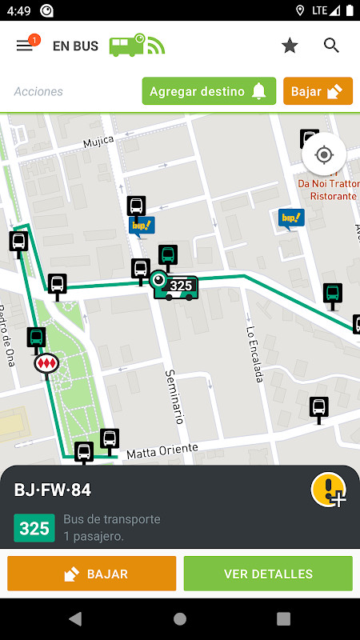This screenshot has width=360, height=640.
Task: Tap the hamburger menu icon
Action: pyautogui.click(x=25, y=46)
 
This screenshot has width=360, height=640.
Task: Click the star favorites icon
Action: pyautogui.click(x=290, y=46)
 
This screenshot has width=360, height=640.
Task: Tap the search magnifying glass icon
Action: pyautogui.click(x=332, y=46)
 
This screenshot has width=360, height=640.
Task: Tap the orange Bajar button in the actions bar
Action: pyautogui.click(x=318, y=91)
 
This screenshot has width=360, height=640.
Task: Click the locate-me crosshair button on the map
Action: pyautogui.click(x=324, y=154)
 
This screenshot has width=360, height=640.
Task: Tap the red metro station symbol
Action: pyautogui.click(x=47, y=363)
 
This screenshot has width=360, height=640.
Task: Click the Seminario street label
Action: pyautogui.click(x=175, y=395)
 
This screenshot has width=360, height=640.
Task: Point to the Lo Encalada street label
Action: pyautogui.click(x=254, y=354)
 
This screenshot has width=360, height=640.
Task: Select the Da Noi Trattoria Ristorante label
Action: pyautogui.click(x=326, y=190)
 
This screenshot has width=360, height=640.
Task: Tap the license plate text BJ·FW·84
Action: pyautogui.click(x=53, y=490)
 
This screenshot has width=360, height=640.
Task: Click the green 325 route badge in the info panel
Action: pyautogui.click(x=34, y=528)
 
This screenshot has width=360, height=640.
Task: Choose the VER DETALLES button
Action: pyautogui.click(x=268, y=574)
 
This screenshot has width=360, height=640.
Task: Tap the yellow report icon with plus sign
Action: pyautogui.click(x=328, y=490)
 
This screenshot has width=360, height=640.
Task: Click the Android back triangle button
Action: pyautogui.click(x=75, y=618)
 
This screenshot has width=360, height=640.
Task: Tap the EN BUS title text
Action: pyautogui.click(x=75, y=46)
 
